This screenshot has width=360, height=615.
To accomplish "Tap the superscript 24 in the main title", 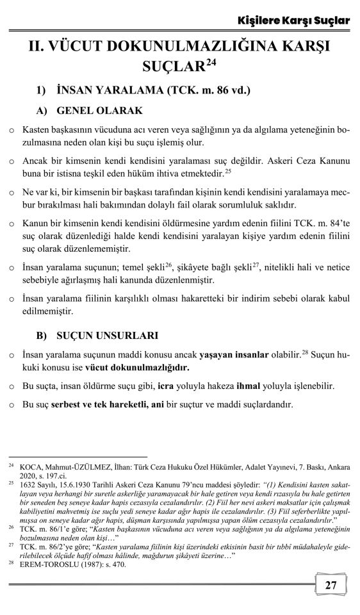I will pos(215,61).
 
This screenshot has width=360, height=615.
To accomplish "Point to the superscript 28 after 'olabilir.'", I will pos(304,352).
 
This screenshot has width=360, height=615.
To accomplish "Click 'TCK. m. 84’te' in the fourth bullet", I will pos(315,224).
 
